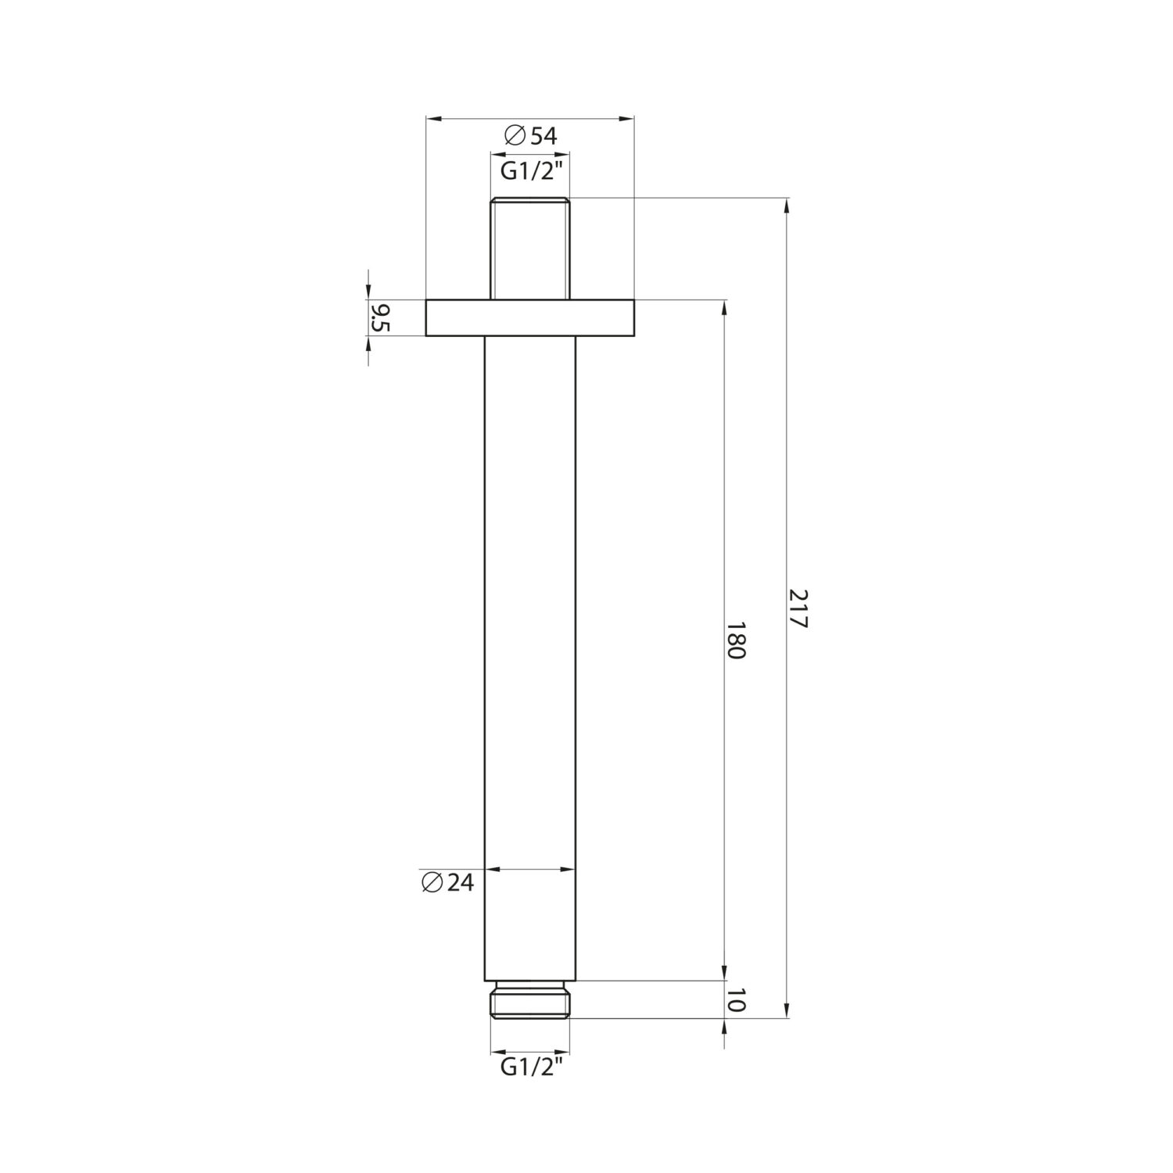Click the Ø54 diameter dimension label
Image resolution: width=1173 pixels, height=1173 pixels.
(x=530, y=136)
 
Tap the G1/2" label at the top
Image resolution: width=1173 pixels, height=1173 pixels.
(x=531, y=172)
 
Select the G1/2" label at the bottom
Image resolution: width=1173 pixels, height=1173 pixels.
(x=531, y=1067)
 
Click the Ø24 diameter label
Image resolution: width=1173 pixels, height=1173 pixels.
(x=447, y=882)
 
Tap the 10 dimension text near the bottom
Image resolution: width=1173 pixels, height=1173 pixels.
(x=735, y=1001)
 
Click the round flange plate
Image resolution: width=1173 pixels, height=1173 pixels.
(x=529, y=317)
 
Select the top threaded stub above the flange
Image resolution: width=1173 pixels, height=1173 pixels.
(x=529, y=249)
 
